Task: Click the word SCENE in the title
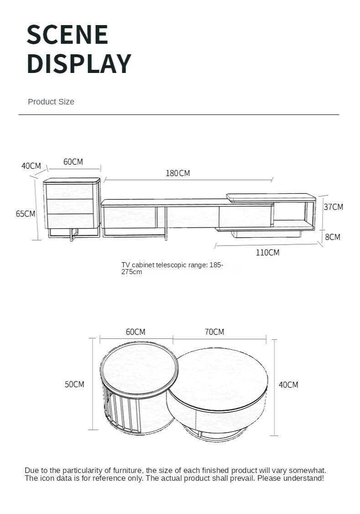tap(67, 34)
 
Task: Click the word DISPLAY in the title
tap(79, 63)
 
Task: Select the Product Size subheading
tap(51, 102)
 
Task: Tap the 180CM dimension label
tap(177, 173)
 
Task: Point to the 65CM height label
tap(25, 214)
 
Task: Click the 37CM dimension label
tap(334, 207)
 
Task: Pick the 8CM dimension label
tap(333, 237)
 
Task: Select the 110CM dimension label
tap(267, 252)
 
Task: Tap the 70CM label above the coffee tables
tap(214, 332)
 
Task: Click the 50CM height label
tap(74, 384)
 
